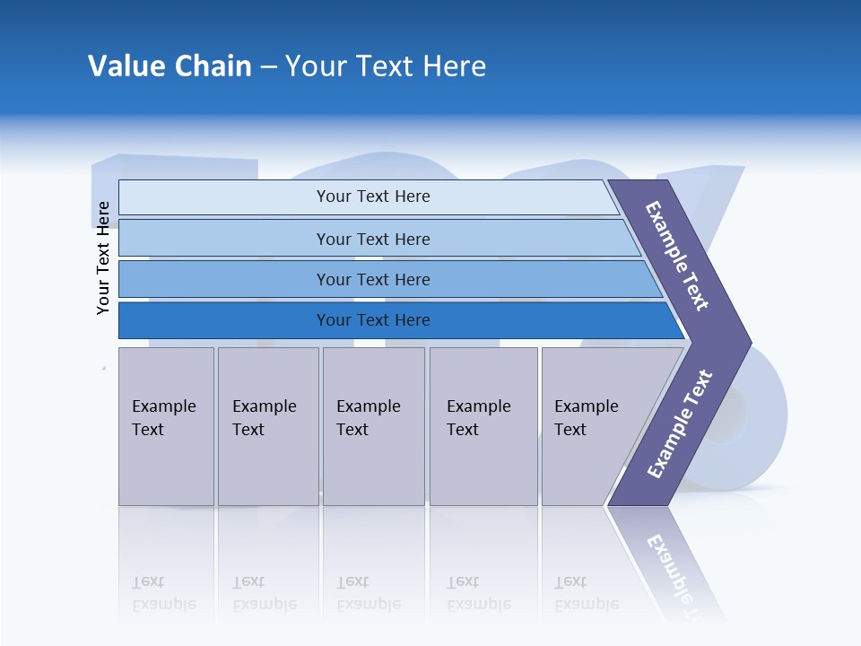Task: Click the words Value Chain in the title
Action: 170,66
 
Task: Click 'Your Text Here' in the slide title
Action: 386,66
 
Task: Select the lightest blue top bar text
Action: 373,196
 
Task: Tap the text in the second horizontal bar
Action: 373,240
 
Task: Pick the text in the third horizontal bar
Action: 373,280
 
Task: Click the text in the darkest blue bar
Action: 373,320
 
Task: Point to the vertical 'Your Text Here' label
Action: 103,258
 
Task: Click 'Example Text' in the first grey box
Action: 163,418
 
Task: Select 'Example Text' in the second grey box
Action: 264,418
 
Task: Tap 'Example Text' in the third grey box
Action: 368,418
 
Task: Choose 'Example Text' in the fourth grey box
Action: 478,418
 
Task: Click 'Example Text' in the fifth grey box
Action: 586,418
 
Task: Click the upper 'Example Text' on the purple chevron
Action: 677,256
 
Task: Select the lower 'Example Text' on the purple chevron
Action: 680,424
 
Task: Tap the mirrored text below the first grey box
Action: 163,593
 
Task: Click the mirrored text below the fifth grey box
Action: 586,593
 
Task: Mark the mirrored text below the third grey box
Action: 368,593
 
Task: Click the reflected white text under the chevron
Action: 677,570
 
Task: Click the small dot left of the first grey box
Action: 104,367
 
